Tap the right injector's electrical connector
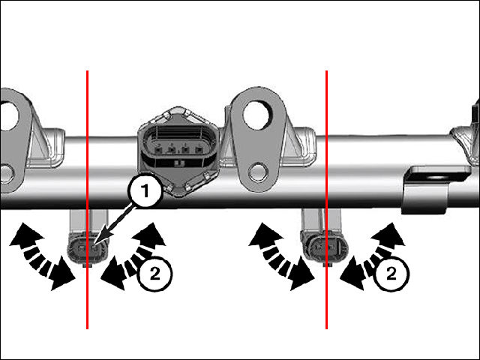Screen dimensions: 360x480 (325, 247)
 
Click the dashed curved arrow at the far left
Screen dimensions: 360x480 (41, 255)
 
